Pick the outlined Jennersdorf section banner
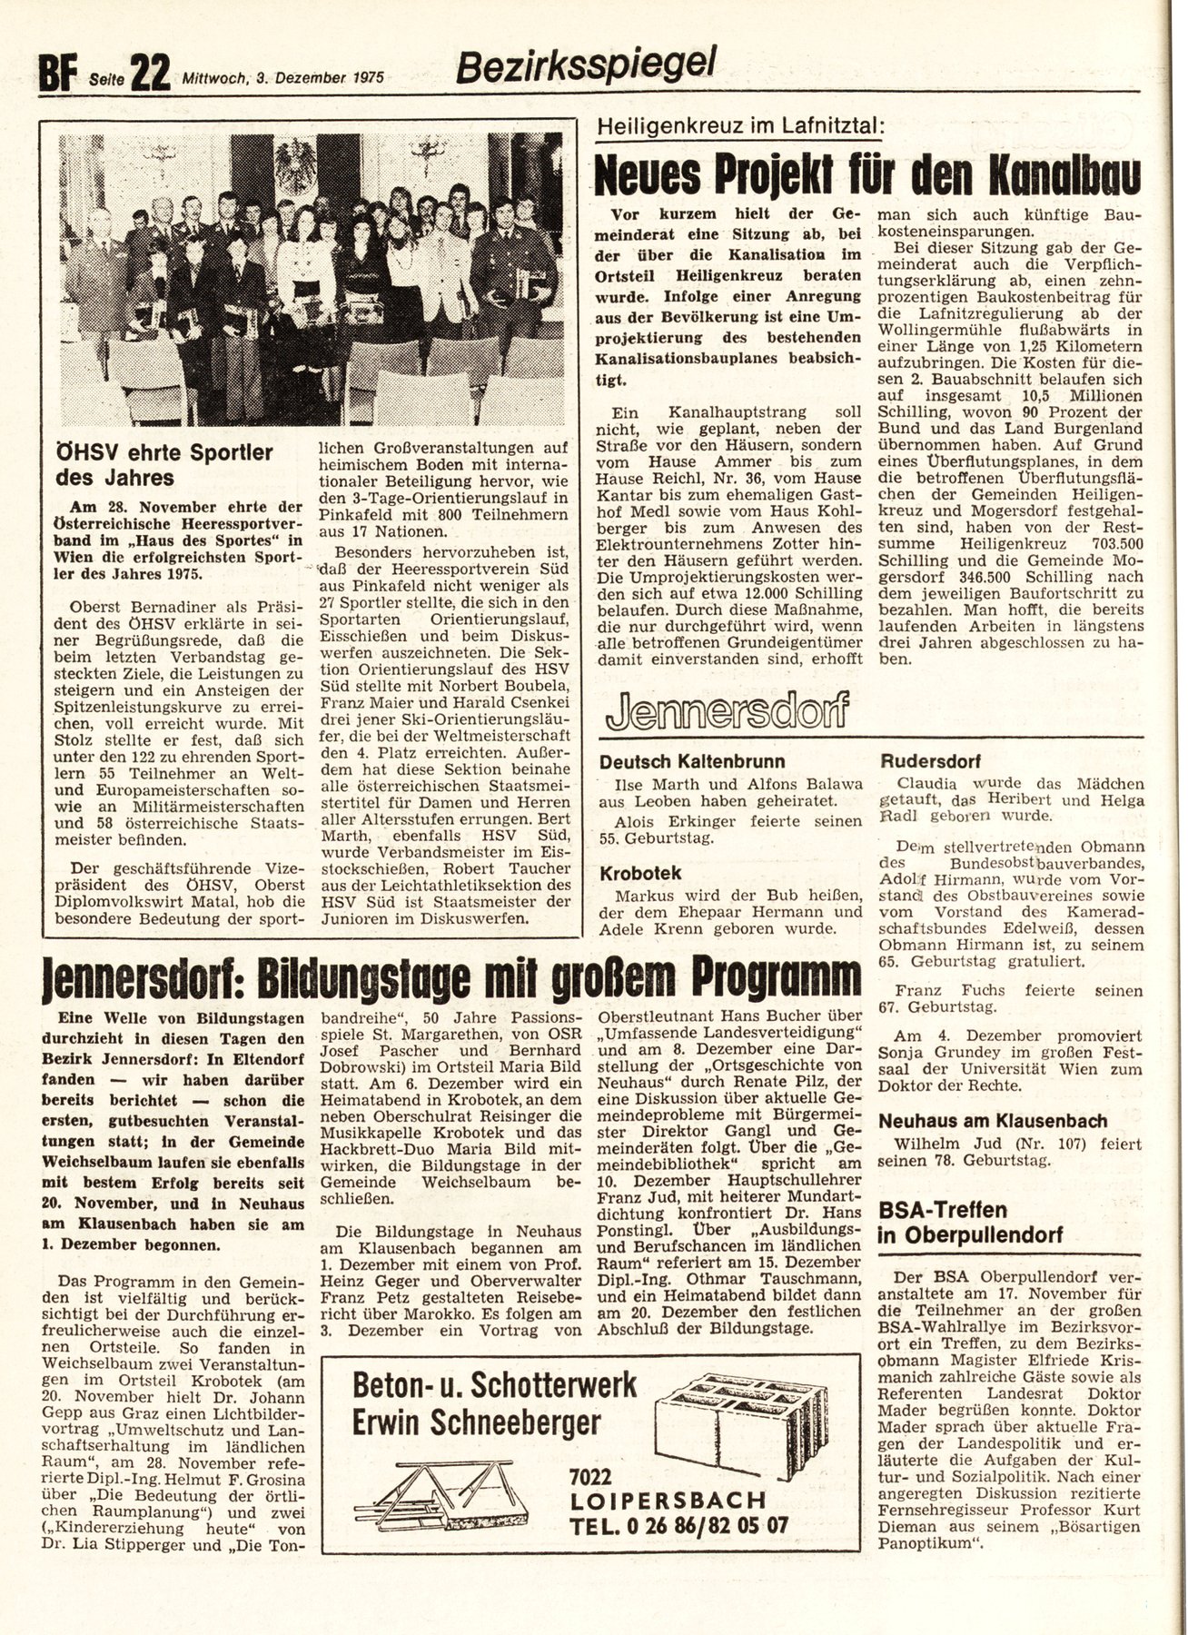click(x=723, y=711)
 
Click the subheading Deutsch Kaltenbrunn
click(x=692, y=761)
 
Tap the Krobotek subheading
click(x=640, y=873)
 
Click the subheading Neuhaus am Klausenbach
click(x=994, y=1121)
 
